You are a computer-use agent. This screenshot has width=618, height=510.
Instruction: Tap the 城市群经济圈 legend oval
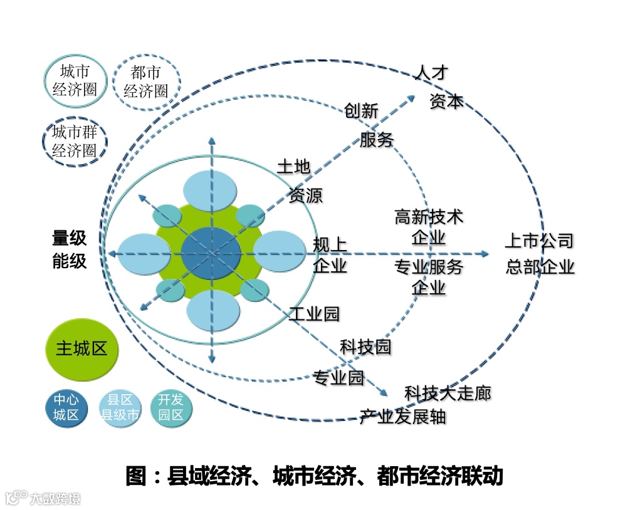click(75, 142)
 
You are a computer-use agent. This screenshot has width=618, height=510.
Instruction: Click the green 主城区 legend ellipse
click(81, 349)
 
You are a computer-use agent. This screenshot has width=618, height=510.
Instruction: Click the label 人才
click(431, 73)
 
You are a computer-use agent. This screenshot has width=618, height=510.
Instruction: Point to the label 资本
click(446, 101)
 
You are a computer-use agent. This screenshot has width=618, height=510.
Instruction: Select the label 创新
click(361, 111)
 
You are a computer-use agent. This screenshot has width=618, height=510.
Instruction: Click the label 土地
click(293, 167)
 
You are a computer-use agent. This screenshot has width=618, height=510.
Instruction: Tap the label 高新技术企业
click(429, 227)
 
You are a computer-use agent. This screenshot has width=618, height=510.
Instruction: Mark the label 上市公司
click(539, 241)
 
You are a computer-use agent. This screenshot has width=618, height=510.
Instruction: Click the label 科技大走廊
click(448, 393)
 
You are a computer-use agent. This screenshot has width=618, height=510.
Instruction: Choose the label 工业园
click(314, 313)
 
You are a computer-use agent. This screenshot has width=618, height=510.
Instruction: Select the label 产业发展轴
click(402, 417)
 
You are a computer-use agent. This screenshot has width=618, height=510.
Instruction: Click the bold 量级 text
click(69, 238)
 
